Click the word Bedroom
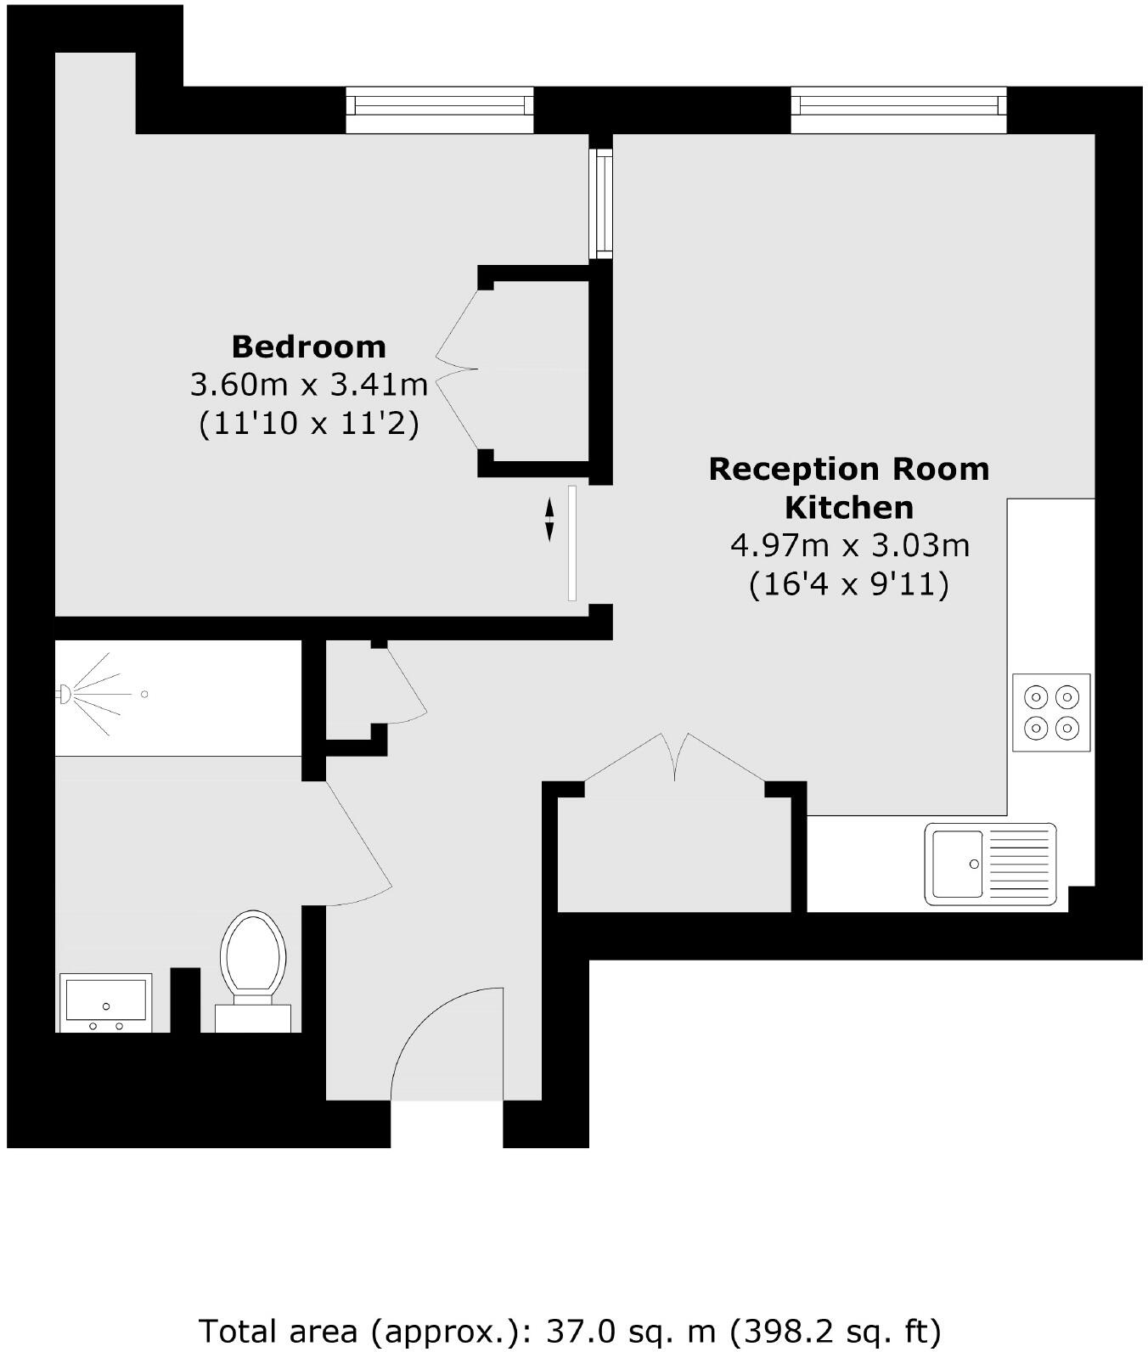click(308, 346)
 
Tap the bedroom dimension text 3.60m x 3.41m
click(308, 385)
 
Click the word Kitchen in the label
click(848, 507)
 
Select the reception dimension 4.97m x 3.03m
click(849, 544)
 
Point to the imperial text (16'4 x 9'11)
click(848, 584)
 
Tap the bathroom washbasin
click(105, 1004)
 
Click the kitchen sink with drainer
click(990, 863)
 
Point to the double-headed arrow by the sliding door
click(549, 519)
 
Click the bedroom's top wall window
click(439, 110)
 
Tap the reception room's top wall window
click(898, 110)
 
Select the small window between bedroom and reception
click(602, 203)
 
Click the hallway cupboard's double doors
click(676, 756)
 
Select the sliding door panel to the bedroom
click(572, 543)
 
